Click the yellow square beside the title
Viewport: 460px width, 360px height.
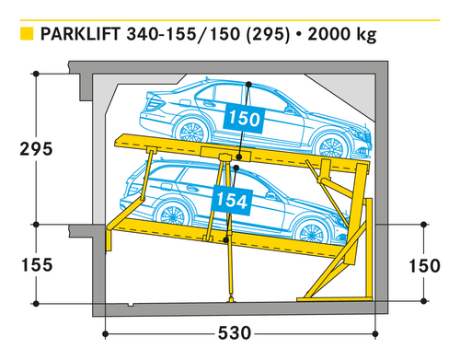pos(27,34)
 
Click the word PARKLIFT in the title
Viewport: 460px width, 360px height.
pos(80,34)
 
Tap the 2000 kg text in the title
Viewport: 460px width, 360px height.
pos(342,34)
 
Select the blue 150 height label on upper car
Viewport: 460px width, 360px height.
pos(245,119)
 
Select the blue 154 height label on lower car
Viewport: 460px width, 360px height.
pos(232,200)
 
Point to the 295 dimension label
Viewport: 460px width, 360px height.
pos(36,149)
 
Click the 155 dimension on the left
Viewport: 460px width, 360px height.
pos(37,264)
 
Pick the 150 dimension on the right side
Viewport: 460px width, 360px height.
pos(425,266)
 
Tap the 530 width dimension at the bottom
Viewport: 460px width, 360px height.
pos(235,333)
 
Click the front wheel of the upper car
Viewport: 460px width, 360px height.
pos(331,148)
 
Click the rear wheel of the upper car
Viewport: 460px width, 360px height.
pos(192,131)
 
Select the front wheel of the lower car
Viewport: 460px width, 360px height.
pos(311,234)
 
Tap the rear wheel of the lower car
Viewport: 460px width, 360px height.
pos(172,215)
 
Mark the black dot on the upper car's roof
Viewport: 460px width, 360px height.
pos(248,84)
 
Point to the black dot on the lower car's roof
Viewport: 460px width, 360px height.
pos(236,168)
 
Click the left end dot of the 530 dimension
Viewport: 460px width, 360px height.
pos(105,334)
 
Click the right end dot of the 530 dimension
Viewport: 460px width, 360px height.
pos(376,334)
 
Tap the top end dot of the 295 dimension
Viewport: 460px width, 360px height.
pos(36,74)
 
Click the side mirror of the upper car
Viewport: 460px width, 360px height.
pos(289,109)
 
